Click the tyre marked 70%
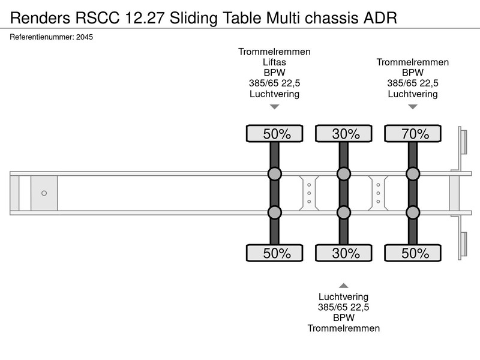pyautogui.click(x=413, y=133)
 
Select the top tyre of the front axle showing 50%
pyautogui.click(x=275, y=133)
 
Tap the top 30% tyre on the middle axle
pyautogui.click(x=343, y=133)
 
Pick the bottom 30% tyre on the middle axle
pyautogui.click(x=343, y=253)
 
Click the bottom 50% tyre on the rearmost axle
pyautogui.click(x=413, y=253)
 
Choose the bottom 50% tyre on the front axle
pyautogui.click(x=275, y=253)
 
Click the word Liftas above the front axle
pyautogui.click(x=274, y=62)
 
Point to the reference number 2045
pyautogui.click(x=85, y=37)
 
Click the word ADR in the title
pyautogui.click(x=380, y=18)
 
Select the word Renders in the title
pyautogui.click(x=40, y=18)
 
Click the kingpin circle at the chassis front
pyautogui.click(x=44, y=193)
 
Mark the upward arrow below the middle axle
pyautogui.click(x=343, y=286)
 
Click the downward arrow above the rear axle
pyautogui.click(x=413, y=107)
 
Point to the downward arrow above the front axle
pyautogui.click(x=275, y=107)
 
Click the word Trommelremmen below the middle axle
pyautogui.click(x=343, y=328)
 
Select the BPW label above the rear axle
pyautogui.click(x=413, y=73)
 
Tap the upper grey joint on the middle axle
pyautogui.click(x=343, y=174)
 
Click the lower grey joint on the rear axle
pyautogui.click(x=413, y=212)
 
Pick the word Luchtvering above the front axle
pyautogui.click(x=274, y=94)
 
